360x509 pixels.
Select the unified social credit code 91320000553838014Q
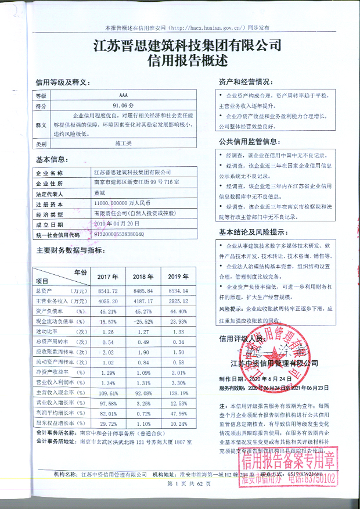tap(119, 234)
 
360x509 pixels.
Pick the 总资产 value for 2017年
tap(106, 290)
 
